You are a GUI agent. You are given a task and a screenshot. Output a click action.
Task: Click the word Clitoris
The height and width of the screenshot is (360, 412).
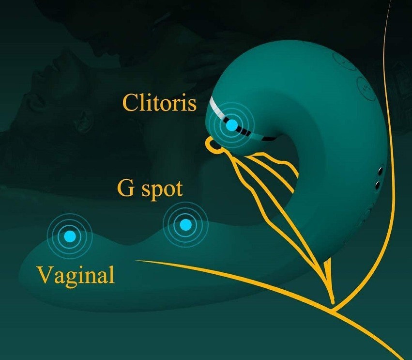pyautogui.click(x=159, y=102)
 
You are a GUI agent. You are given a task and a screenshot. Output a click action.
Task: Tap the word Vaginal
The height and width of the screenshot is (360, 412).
pyautogui.click(x=76, y=275)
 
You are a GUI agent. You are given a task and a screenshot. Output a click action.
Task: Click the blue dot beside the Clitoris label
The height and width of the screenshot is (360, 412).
pyautogui.click(x=232, y=125)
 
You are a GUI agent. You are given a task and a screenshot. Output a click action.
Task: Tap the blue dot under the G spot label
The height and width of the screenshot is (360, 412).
pyautogui.click(x=185, y=224)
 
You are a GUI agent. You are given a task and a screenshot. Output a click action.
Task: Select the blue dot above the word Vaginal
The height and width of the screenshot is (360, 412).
pyautogui.click(x=70, y=236)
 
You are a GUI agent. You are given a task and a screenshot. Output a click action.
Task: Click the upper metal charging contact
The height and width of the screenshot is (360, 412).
pyautogui.click(x=380, y=172)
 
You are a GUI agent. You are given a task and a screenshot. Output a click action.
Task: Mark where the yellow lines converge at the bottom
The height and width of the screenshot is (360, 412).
pyautogui.click(x=333, y=304)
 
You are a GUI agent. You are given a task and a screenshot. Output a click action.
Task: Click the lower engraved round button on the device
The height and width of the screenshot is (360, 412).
pyautogui.click(x=366, y=85)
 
